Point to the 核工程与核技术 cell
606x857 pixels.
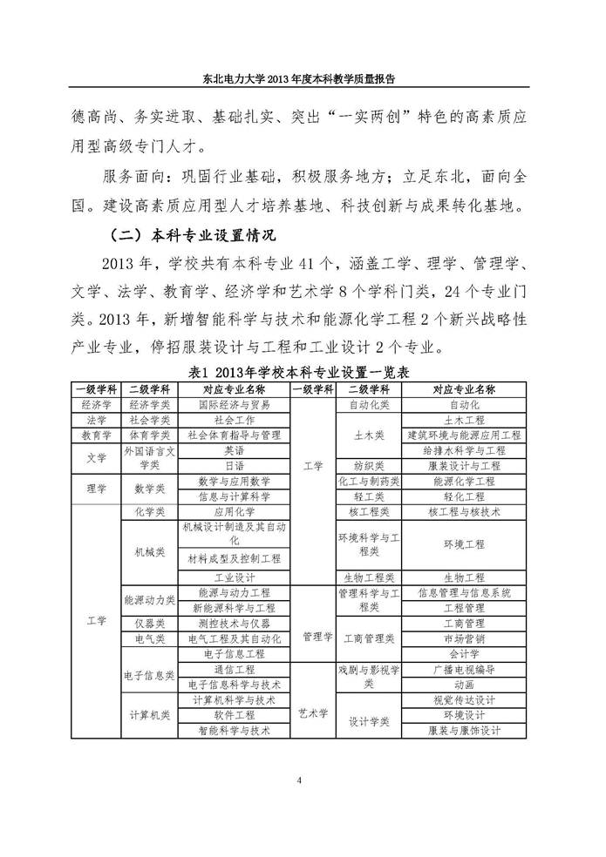pos(464,512)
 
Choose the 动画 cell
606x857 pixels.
pos(464,685)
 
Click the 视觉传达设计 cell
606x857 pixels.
pos(464,699)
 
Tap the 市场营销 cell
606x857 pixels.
pos(464,638)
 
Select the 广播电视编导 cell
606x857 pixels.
pos(464,669)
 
